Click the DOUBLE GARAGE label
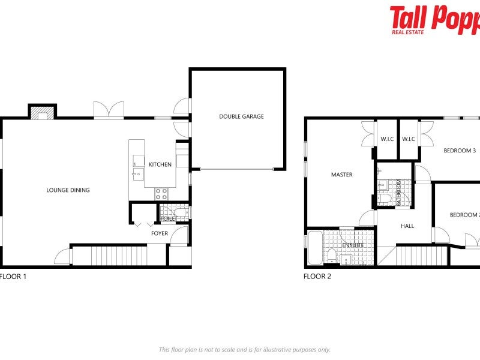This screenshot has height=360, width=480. click(x=241, y=116)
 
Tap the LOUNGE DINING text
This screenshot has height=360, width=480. click(x=68, y=190)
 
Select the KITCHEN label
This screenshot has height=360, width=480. click(x=160, y=164)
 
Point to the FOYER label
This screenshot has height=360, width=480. click(x=160, y=233)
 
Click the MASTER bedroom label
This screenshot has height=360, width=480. click(x=341, y=175)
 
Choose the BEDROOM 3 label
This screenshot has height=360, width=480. click(x=459, y=151)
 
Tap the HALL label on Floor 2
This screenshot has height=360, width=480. click(x=407, y=226)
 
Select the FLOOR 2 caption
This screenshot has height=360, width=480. click(x=317, y=277)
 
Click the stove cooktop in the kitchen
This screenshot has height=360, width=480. click(x=161, y=193)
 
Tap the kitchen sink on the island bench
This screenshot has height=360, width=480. click(x=137, y=175)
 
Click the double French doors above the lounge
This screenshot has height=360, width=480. click(x=109, y=110)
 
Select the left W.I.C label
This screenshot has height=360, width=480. click(x=386, y=139)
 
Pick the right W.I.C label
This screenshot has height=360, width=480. click(x=409, y=139)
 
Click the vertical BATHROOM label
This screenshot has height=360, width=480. click(x=398, y=193)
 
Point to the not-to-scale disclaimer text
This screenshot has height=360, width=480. click(x=244, y=349)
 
